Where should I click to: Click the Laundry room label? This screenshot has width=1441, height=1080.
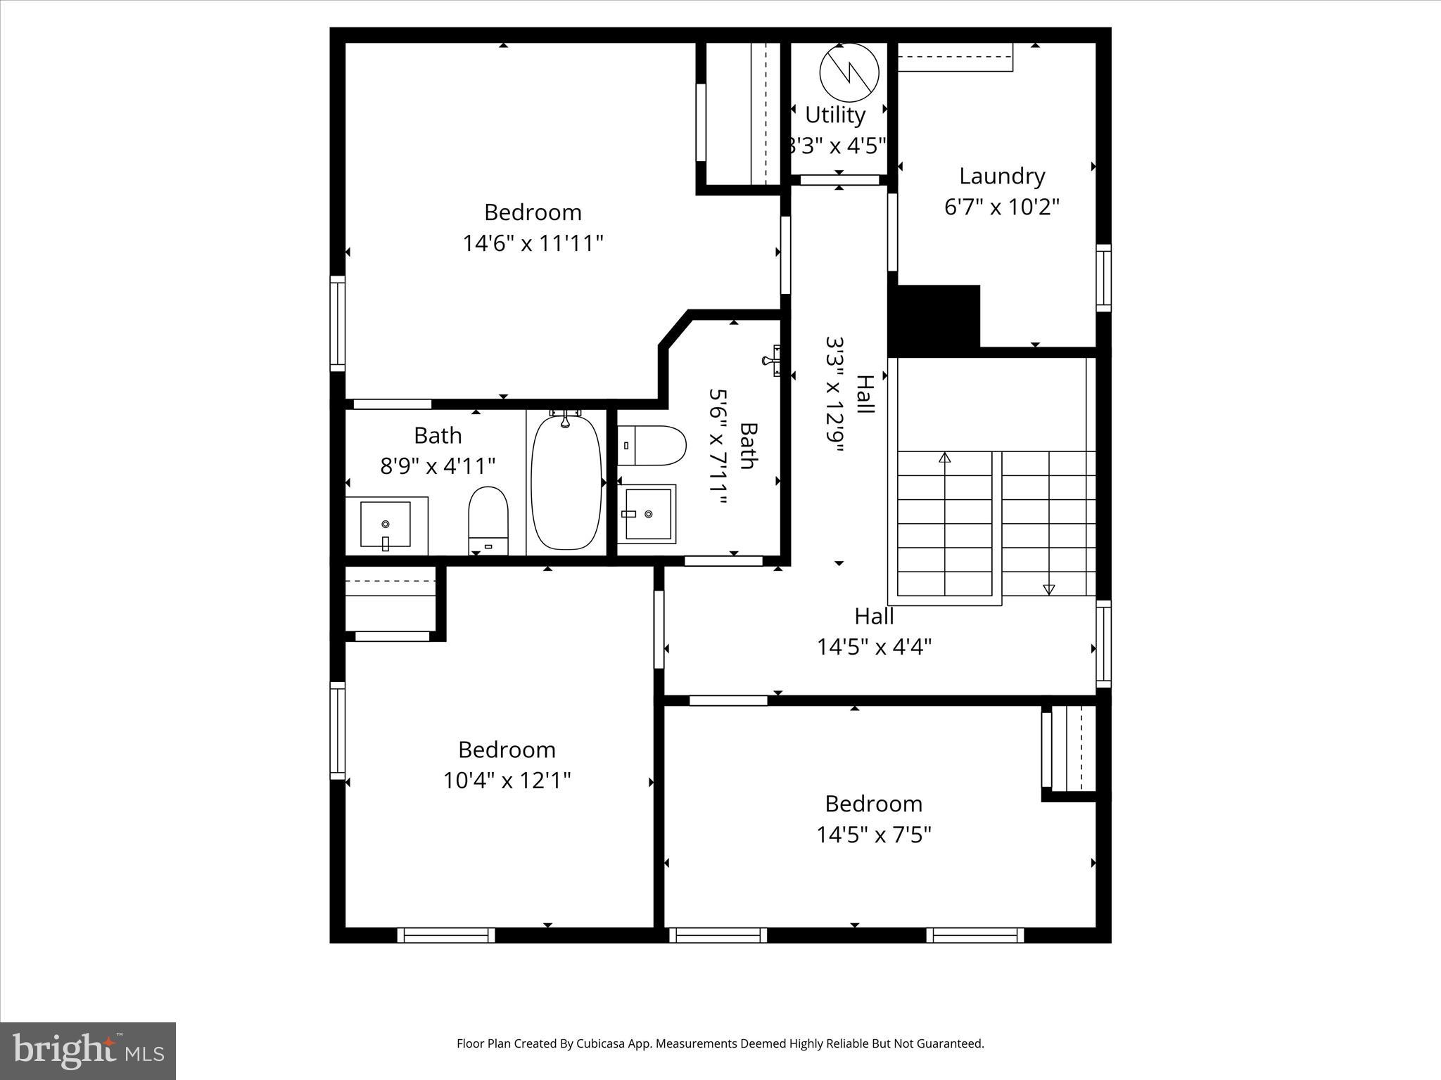click(1002, 176)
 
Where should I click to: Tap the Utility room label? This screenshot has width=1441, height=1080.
click(834, 115)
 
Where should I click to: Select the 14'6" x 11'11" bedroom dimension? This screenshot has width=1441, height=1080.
click(533, 243)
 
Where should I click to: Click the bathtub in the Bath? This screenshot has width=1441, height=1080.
click(566, 482)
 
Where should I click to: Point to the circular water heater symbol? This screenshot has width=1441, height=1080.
click(849, 72)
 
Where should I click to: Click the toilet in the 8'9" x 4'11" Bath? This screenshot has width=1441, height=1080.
click(488, 520)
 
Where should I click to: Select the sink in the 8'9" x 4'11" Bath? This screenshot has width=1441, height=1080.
click(385, 524)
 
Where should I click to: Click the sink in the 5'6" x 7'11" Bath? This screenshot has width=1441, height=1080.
click(647, 514)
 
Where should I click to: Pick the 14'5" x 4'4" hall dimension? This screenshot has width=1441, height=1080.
click(874, 646)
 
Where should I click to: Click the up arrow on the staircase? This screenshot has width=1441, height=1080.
click(944, 458)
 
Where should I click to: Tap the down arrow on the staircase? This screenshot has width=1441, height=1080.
click(1048, 589)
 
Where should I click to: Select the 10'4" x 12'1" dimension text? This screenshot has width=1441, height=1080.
click(507, 780)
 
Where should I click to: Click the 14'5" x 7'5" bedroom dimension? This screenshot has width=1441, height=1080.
click(874, 835)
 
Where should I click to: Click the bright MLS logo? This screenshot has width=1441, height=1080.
click(88, 1051)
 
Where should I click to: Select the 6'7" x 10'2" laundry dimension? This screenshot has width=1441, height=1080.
click(1002, 207)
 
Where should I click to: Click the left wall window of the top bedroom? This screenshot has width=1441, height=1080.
click(338, 323)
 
